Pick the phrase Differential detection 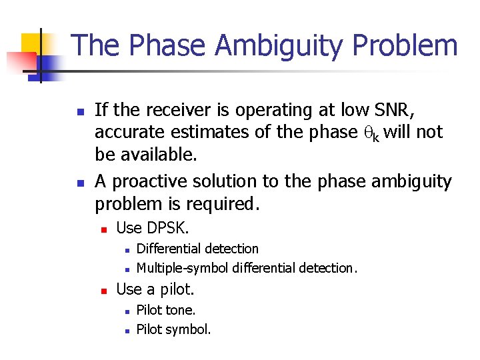(197, 249)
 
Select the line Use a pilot (155, 289)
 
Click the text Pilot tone (166, 310)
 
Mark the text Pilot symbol (173, 329)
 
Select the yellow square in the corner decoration (30, 43)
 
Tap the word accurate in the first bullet (131, 133)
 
